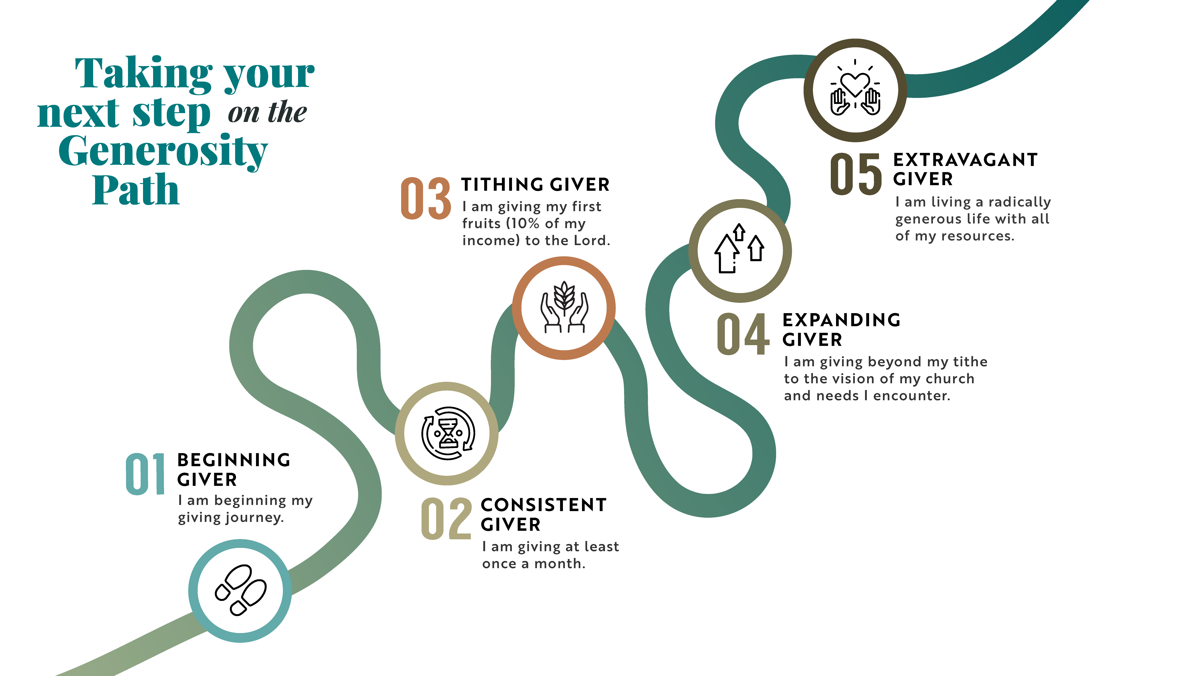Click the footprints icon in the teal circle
(240, 590)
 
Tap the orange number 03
(426, 198)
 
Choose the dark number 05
(856, 174)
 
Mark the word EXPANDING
(841, 320)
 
